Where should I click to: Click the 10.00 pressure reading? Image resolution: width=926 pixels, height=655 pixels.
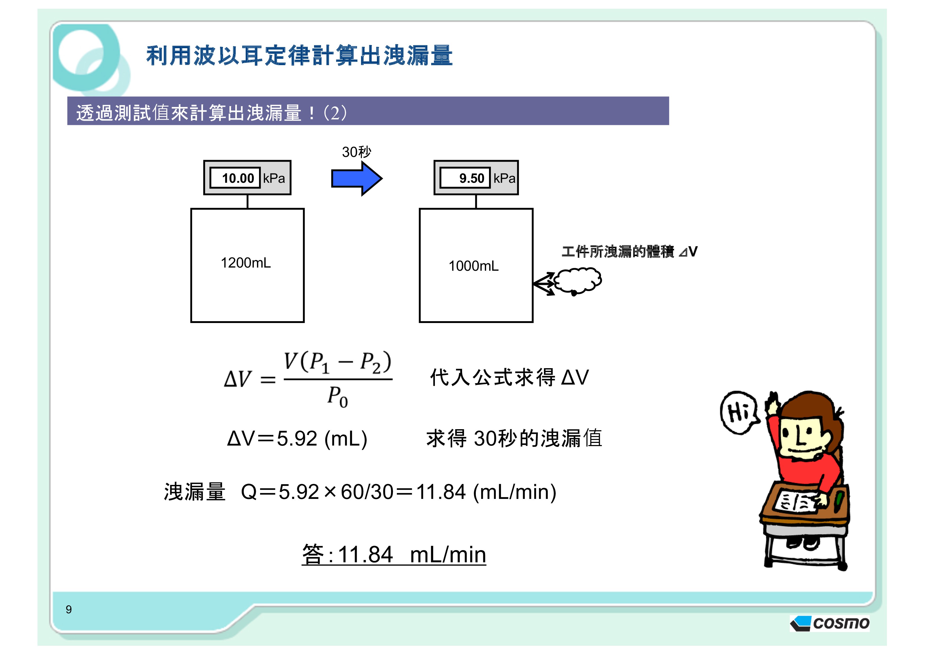click(x=238, y=178)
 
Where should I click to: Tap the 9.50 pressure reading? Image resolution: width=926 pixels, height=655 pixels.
click(x=472, y=178)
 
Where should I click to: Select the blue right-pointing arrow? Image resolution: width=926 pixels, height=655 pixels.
click(x=356, y=178)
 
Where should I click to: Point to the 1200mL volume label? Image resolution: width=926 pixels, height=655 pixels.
click(x=246, y=263)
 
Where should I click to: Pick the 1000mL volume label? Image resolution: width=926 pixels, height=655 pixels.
click(x=473, y=266)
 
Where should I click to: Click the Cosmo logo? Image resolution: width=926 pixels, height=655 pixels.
click(x=830, y=623)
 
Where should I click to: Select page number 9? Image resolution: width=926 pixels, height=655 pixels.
click(x=69, y=609)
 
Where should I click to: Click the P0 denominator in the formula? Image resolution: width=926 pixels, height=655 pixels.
click(x=337, y=397)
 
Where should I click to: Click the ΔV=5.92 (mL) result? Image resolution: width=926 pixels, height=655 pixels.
click(x=297, y=438)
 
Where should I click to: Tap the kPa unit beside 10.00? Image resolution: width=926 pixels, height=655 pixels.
click(x=274, y=178)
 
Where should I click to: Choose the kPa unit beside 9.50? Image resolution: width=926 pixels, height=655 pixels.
click(x=504, y=178)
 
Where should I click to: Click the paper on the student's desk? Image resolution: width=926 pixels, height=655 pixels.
click(x=797, y=501)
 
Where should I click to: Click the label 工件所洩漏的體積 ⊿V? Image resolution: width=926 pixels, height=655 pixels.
click(x=629, y=251)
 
